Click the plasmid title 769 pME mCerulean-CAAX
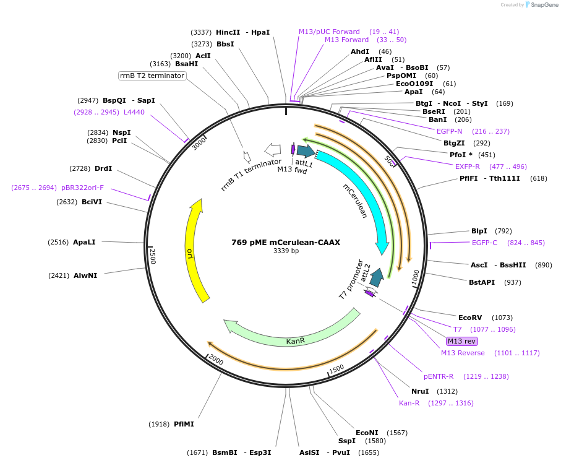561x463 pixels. [x=286, y=243]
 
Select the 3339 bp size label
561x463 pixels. [x=286, y=251]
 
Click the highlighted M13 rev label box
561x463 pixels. [x=462, y=341]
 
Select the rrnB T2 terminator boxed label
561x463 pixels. [x=152, y=76]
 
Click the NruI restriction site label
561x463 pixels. [x=420, y=391]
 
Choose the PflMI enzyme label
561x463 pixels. [x=184, y=424]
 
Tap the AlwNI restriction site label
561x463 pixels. [x=85, y=275]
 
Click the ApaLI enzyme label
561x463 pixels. [x=84, y=242]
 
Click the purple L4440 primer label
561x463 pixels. [x=134, y=112]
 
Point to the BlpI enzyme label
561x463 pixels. [x=479, y=231]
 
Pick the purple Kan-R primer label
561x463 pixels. [x=409, y=403]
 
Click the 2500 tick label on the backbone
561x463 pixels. [x=153, y=256]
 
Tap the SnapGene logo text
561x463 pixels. [x=541, y=5]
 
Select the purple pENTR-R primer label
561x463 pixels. [x=439, y=376]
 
